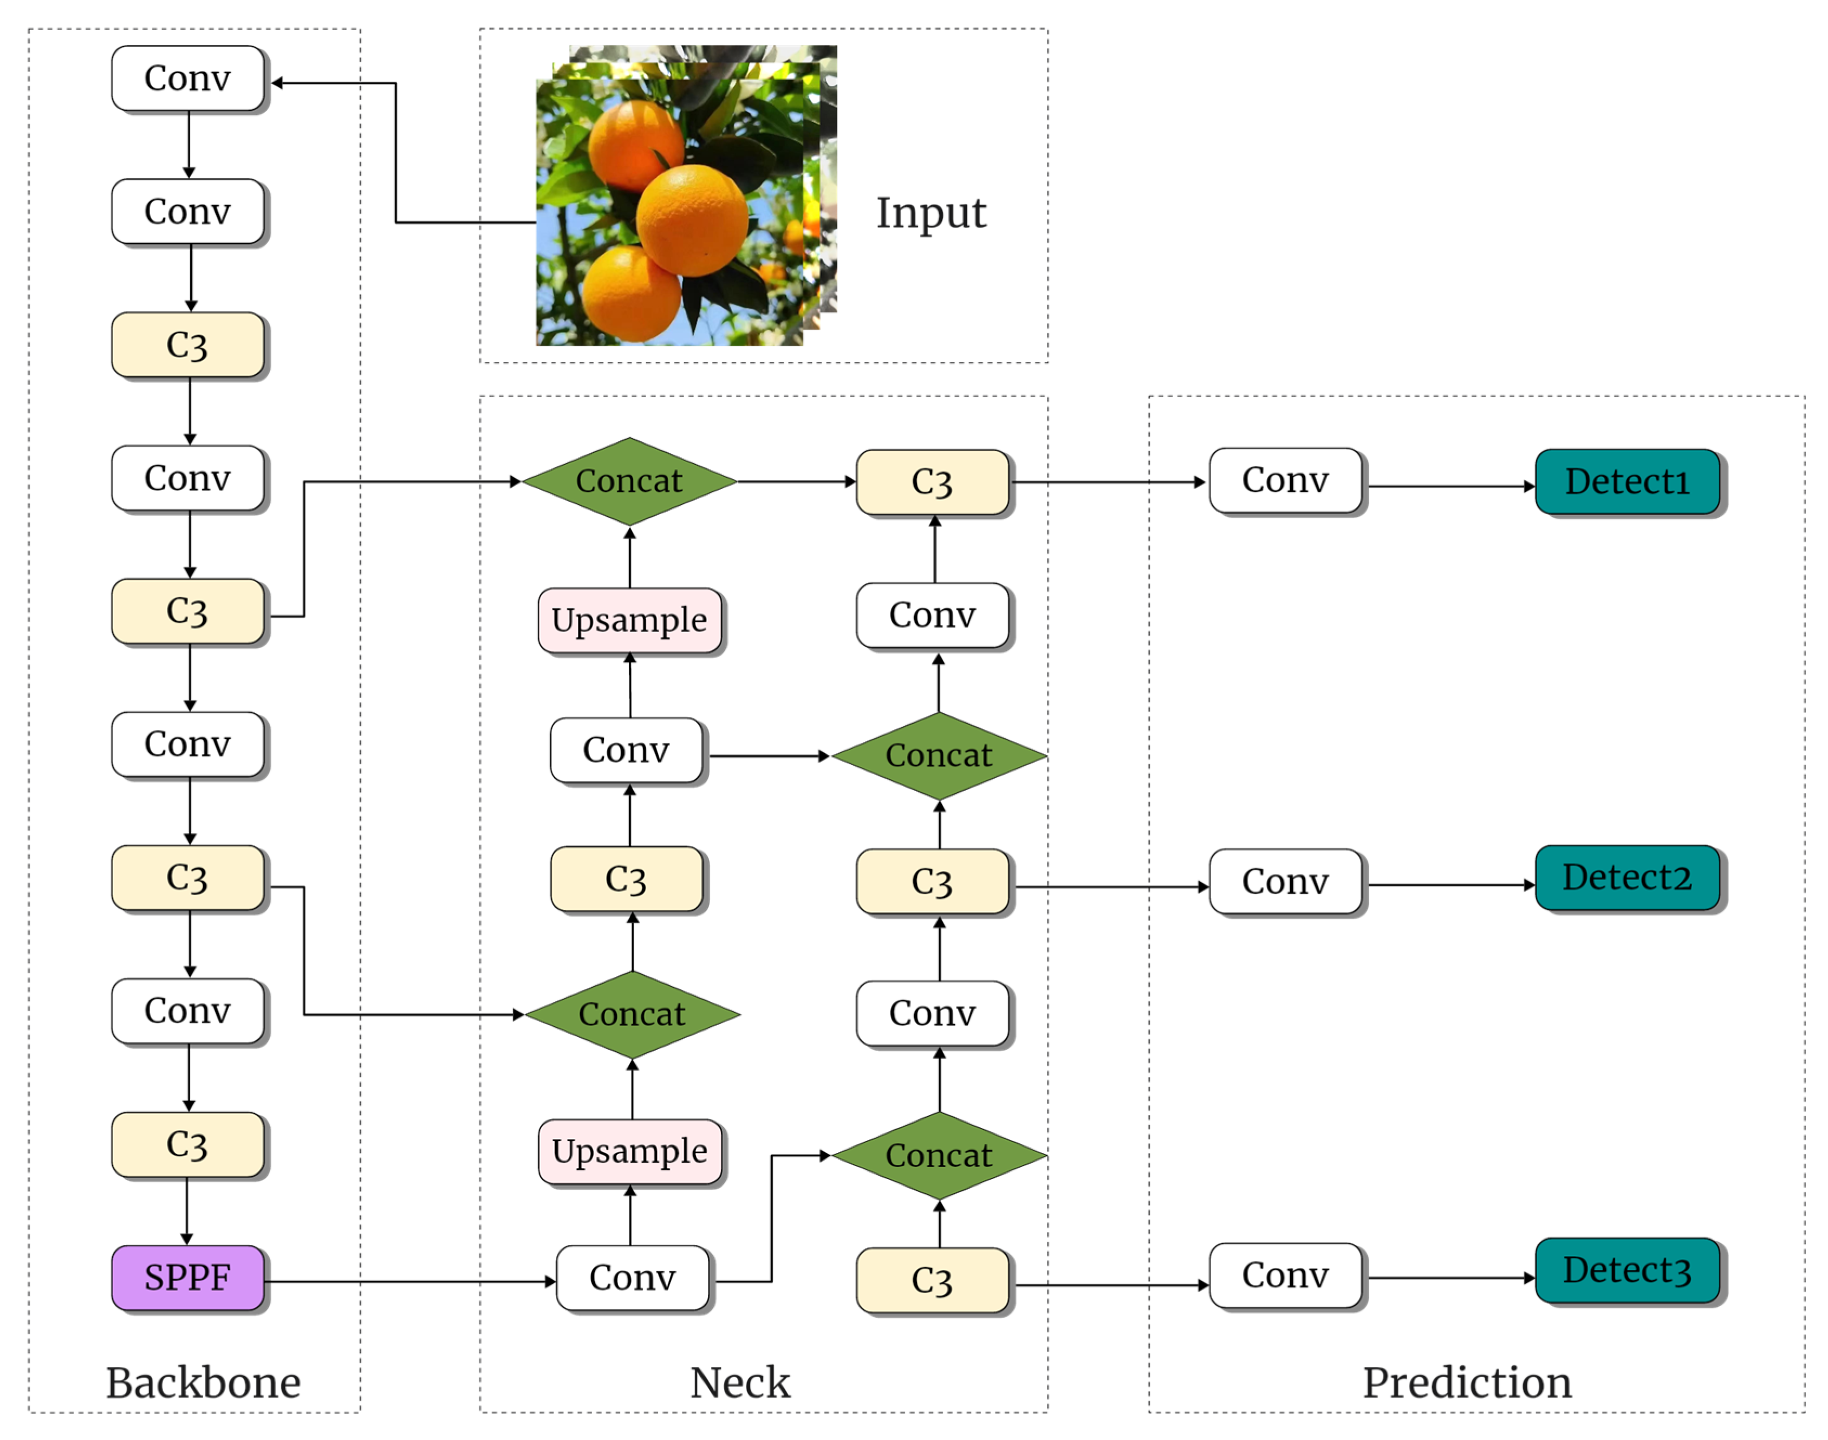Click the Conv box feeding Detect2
tap(1284, 882)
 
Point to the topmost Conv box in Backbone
tap(187, 79)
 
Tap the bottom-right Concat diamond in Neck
tap(939, 1155)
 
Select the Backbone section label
tap(203, 1383)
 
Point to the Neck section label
tap(739, 1383)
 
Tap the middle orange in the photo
tap(692, 221)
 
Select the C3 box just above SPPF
tap(187, 1144)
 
